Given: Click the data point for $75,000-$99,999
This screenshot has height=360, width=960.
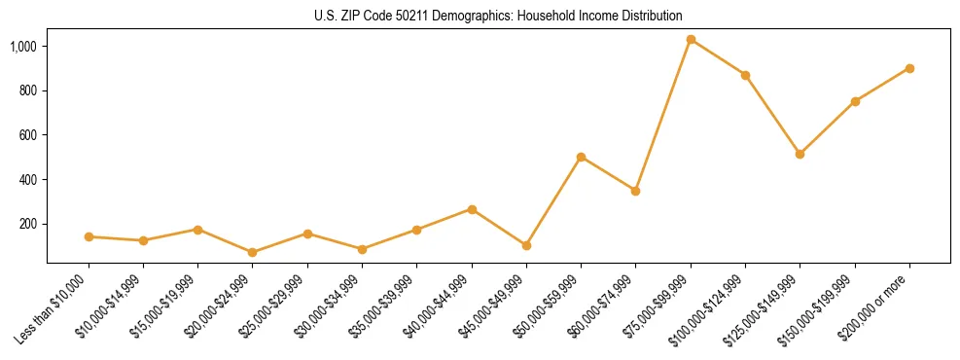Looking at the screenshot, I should (x=691, y=40).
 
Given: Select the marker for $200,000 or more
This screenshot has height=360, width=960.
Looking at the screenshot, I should (x=909, y=68).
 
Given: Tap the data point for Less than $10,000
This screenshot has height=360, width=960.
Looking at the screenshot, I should (x=89, y=236).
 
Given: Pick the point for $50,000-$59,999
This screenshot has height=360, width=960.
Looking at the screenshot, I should (x=581, y=157).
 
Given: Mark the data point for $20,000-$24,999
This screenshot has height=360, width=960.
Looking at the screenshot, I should (x=253, y=252).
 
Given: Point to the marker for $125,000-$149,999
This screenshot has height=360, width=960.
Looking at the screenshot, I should (x=800, y=154).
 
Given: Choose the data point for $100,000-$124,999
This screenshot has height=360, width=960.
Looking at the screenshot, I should (x=745, y=75).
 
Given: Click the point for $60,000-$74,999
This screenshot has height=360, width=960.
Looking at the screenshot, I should (x=635, y=191).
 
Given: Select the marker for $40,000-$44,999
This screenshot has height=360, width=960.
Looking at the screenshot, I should (x=472, y=209).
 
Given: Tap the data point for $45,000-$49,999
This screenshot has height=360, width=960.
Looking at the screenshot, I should (x=526, y=245).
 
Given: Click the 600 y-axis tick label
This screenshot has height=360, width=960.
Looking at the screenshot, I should (x=29, y=135).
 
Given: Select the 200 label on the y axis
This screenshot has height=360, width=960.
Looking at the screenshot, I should (x=29, y=224).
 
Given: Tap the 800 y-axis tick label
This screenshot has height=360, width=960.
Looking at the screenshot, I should (x=29, y=90).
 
